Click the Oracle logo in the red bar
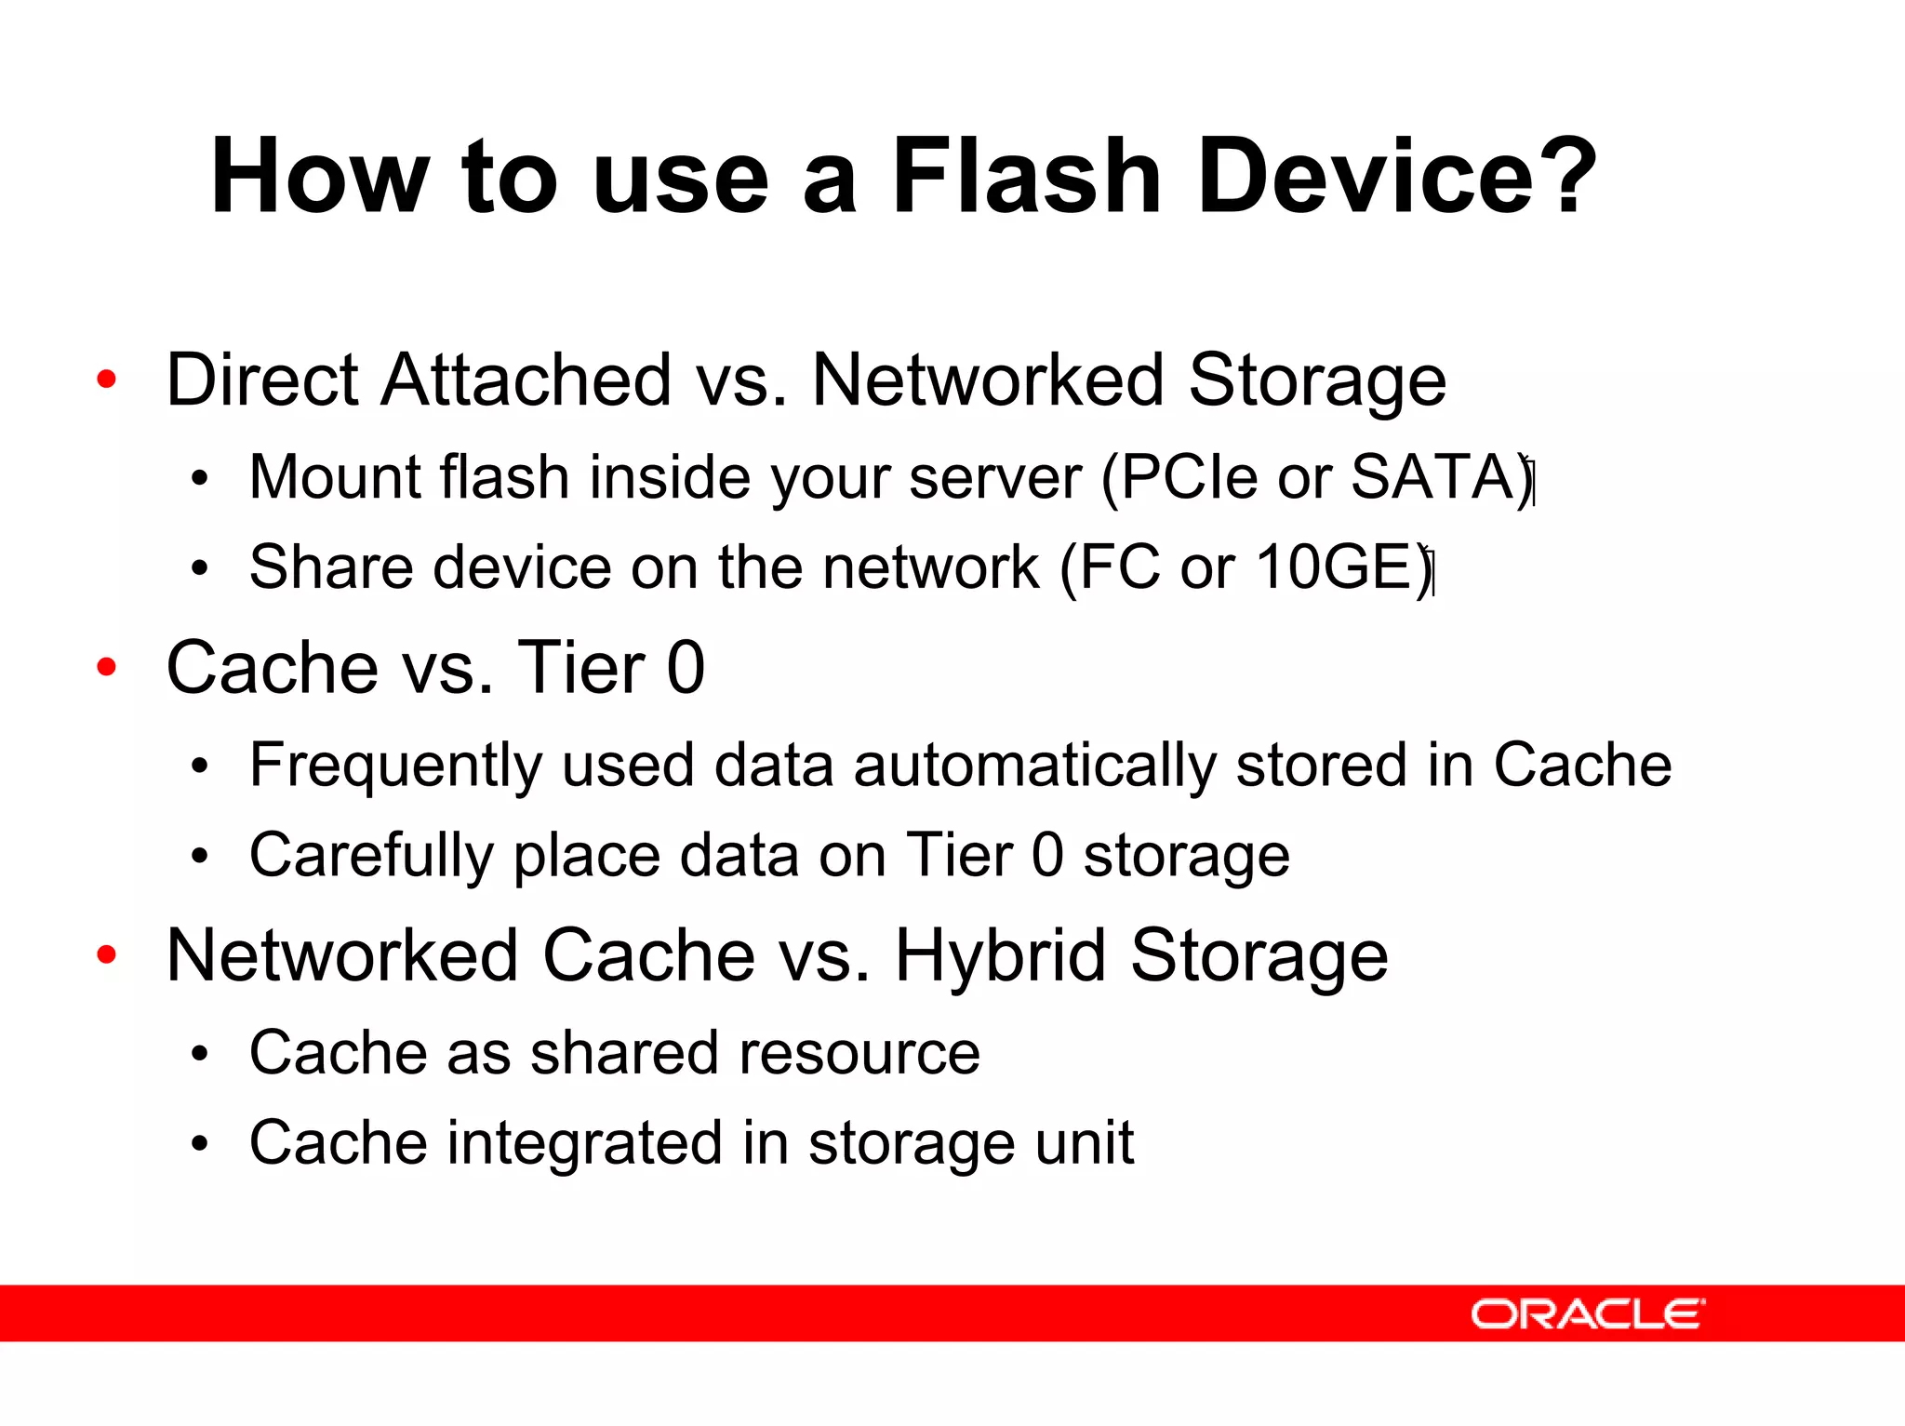(1587, 1313)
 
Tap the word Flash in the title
(1026, 177)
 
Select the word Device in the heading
(1365, 177)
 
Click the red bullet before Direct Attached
(107, 380)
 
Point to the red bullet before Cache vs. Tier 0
(107, 667)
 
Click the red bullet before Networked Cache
(107, 954)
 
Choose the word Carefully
(371, 857)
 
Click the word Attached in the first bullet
(526, 380)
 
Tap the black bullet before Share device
(199, 568)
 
